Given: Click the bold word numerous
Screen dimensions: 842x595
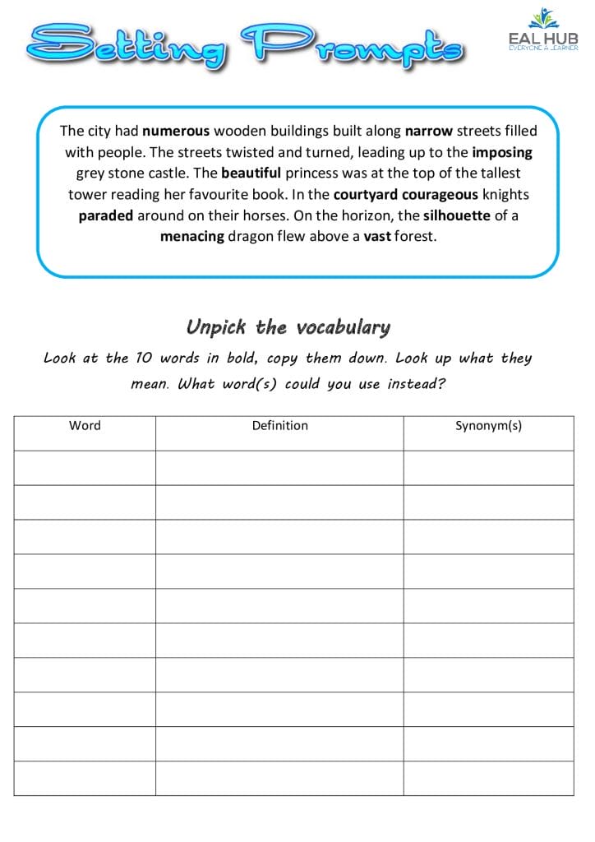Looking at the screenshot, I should coord(176,130).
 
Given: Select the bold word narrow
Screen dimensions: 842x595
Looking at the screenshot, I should coord(428,130).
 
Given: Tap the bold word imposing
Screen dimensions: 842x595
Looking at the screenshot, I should coord(502,152).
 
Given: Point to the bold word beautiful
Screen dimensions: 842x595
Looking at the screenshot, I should coord(251,173).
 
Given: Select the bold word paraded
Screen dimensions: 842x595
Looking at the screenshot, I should coord(105,216).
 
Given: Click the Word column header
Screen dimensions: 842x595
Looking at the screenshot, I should coord(85,425).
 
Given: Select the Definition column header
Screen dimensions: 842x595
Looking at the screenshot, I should coord(279,425).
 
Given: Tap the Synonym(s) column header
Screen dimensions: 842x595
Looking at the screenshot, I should coord(488,425).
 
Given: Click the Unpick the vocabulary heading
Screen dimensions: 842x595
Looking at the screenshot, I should coord(288,327).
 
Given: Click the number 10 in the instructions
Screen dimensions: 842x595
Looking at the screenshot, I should coord(144,359).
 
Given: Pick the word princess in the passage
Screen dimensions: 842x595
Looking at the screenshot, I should coord(312,173).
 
